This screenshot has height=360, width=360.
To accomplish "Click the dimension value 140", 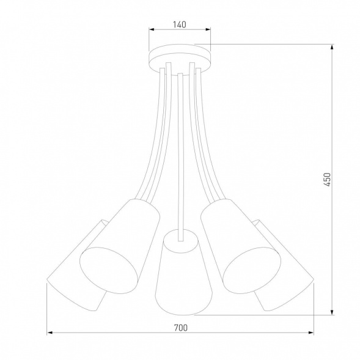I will click(x=179, y=25).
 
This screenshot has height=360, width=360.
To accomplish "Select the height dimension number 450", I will click(x=327, y=178).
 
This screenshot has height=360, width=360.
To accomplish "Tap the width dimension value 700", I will click(x=180, y=328).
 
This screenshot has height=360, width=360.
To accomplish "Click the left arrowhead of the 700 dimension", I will click(x=50, y=334).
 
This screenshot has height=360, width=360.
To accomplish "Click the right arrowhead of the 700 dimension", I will click(x=310, y=334).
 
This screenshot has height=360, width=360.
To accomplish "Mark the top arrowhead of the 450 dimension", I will click(x=333, y=46).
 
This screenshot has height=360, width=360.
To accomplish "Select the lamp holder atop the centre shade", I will click(x=180, y=235).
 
